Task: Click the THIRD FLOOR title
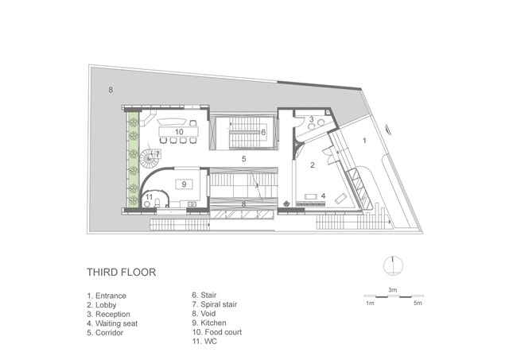(121, 272)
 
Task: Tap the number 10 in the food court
(179, 132)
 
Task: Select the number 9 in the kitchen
(184, 184)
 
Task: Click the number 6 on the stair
(263, 133)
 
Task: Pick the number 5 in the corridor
(244, 159)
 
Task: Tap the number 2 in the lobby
(313, 165)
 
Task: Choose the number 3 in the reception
(311, 119)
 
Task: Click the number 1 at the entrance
(364, 141)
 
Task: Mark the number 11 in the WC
(149, 197)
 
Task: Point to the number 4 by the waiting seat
(323, 195)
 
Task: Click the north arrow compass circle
(393, 265)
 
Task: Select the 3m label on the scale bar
(393, 290)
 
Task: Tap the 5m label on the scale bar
(418, 304)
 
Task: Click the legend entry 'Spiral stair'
(215, 304)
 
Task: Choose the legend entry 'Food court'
(217, 332)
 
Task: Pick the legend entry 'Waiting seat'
(112, 323)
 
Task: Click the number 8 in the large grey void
(111, 90)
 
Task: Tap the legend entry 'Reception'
(108, 314)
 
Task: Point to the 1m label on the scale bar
(370, 304)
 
